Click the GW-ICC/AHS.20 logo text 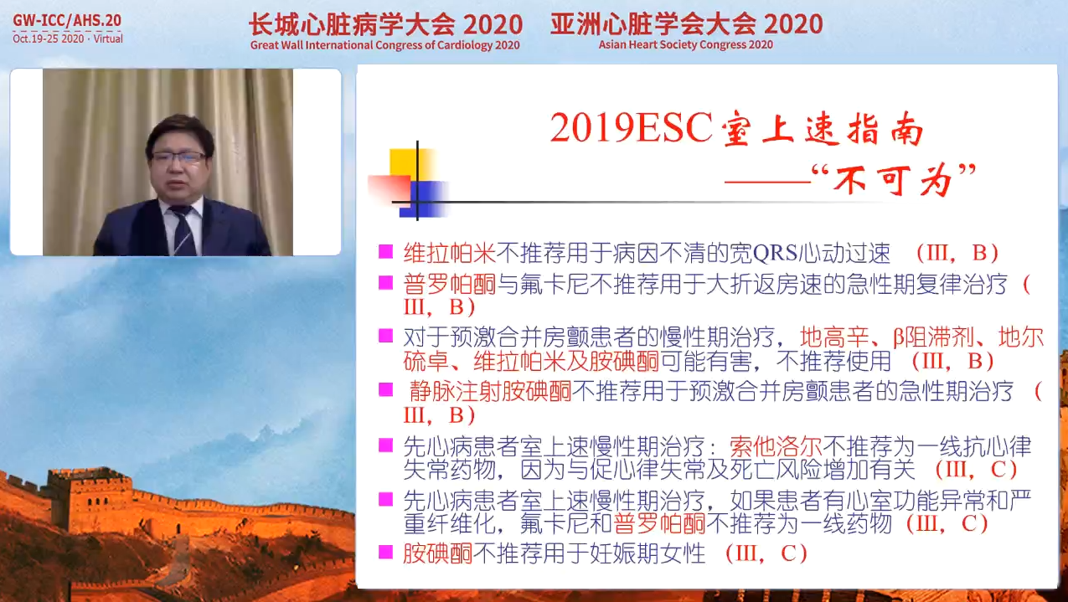[67, 20]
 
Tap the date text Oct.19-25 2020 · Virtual [68, 39]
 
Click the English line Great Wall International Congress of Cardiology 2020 [384, 45]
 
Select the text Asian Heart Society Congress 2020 [686, 45]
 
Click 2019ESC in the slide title [631, 128]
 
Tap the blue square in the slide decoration [423, 198]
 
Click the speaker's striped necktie [183, 231]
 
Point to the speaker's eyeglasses [178, 157]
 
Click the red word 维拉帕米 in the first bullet [450, 253]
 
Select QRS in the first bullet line [776, 253]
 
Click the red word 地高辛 [834, 337]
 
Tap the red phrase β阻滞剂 [933, 337]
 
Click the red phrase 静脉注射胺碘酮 [490, 391]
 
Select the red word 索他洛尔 [776, 446]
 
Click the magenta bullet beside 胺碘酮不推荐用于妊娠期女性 [385, 553]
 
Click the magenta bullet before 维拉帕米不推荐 [385, 252]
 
